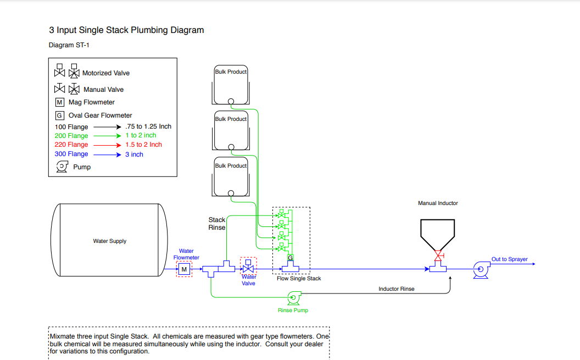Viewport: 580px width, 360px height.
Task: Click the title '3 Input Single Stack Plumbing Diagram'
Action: click(126, 30)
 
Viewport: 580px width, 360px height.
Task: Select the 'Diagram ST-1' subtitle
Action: click(69, 45)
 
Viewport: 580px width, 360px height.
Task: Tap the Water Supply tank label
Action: click(110, 241)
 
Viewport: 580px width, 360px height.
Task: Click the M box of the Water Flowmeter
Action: click(184, 269)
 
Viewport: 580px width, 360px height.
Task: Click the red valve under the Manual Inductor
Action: click(438, 256)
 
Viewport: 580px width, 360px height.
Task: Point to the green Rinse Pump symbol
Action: click(293, 298)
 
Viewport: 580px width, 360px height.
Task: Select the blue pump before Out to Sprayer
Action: click(481, 269)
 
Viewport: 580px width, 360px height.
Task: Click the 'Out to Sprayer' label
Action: click(509, 259)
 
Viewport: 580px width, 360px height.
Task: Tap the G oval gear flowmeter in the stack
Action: click(290, 258)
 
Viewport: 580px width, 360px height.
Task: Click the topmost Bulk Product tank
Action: click(231, 85)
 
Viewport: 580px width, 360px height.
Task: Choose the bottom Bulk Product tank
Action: click(231, 179)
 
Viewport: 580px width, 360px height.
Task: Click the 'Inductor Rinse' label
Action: click(396, 289)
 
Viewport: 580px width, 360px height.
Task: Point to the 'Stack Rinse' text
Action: click(217, 224)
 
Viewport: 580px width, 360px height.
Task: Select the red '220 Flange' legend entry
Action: click(71, 145)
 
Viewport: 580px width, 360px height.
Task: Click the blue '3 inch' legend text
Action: click(134, 154)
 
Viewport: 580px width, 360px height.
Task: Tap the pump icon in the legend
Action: click(62, 167)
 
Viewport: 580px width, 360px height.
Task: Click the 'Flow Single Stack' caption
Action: click(299, 279)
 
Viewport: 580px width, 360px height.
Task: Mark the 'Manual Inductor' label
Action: click(438, 203)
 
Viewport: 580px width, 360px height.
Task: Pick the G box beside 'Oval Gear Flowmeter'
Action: click(59, 115)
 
